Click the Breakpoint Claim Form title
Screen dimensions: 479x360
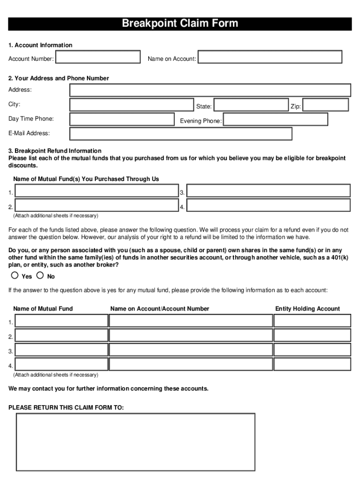pyautogui.click(x=180, y=24)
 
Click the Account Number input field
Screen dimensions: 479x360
pyautogui.click(x=98, y=57)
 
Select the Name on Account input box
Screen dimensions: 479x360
pyautogui.click(x=270, y=57)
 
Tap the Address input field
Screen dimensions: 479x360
pyautogui.click(x=210, y=90)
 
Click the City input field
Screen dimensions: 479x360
pyautogui.click(x=131, y=105)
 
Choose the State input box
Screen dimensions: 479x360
pyautogui.click(x=251, y=105)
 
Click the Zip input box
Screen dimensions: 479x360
pyautogui.click(x=325, y=105)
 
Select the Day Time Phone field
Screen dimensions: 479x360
pyautogui.click(x=122, y=119)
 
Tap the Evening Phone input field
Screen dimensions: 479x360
pyautogui.click(x=275, y=119)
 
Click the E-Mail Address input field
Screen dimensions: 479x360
pyautogui.click(x=180, y=134)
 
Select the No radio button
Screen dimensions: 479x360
pyautogui.click(x=40, y=276)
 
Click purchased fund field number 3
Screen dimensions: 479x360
pyautogui.click(x=268, y=191)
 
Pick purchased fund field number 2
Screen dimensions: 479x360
pyautogui.click(x=97, y=205)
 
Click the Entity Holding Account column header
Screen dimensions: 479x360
pyautogui.click(x=307, y=309)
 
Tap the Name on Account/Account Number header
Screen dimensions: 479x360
pyautogui.click(x=159, y=309)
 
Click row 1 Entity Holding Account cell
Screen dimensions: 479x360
pyautogui.click(x=312, y=320)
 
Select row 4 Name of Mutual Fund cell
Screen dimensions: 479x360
pyautogui.click(x=61, y=364)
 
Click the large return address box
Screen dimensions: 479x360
pyautogui.click(x=136, y=442)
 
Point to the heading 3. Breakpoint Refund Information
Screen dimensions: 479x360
pyautogui.click(x=55, y=151)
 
